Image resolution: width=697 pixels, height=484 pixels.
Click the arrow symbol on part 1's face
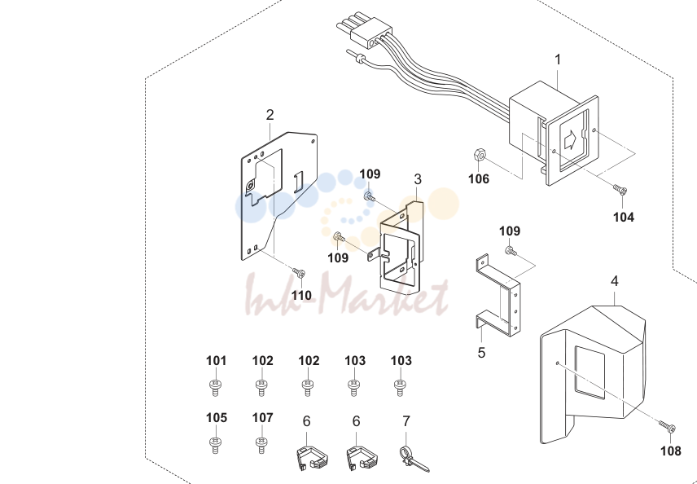[x=570, y=141]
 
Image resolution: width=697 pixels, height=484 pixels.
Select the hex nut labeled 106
[x=479, y=156]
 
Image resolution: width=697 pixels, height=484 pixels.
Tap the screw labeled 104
[x=620, y=190]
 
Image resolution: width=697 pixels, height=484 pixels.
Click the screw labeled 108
[x=667, y=427]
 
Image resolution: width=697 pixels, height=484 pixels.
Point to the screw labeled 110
[x=299, y=272]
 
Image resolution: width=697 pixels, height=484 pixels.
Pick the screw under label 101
[x=215, y=387]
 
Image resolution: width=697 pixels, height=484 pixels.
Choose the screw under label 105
[x=215, y=445]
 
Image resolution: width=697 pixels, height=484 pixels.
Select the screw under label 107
[x=262, y=445]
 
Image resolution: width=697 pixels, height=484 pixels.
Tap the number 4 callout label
[x=614, y=281]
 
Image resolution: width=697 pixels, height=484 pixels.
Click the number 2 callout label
[x=270, y=115]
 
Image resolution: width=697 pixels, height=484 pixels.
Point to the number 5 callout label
[x=481, y=353]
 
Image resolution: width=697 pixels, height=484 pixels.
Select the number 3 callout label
[x=418, y=179]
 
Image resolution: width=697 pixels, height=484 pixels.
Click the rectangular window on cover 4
[x=590, y=373]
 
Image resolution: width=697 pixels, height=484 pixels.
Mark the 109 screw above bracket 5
[x=511, y=251]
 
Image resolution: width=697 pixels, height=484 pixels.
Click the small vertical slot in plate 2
[x=299, y=182]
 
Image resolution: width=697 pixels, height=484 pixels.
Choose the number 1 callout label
[x=558, y=59]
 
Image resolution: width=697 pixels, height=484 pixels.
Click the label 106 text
[x=479, y=178]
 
